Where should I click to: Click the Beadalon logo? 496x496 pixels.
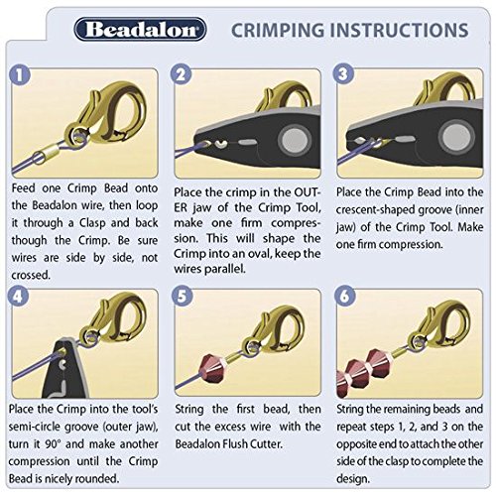click(x=140, y=30)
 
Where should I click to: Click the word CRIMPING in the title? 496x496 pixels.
click(x=278, y=31)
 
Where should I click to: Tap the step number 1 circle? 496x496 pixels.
click(x=20, y=75)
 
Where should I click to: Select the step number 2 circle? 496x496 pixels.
click(x=181, y=74)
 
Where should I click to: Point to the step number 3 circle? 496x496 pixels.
click(x=343, y=74)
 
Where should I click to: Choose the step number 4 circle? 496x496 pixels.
click(x=18, y=296)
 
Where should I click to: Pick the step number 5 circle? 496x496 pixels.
click(x=183, y=296)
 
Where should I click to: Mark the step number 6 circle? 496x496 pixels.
click(x=345, y=296)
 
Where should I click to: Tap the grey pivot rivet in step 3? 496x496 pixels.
click(x=456, y=137)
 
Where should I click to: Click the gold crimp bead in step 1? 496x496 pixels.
click(x=45, y=154)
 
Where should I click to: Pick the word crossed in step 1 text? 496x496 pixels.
click(x=31, y=275)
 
